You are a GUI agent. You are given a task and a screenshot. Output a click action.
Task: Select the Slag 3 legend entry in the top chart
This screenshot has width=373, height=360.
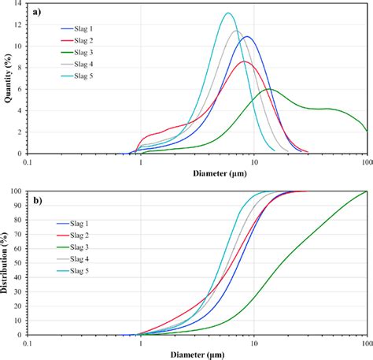click(83, 52)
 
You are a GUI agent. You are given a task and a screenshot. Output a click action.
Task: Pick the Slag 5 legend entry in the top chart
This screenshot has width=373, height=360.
click(83, 76)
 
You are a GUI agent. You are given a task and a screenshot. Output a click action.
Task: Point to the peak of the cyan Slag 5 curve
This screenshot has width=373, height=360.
click(228, 13)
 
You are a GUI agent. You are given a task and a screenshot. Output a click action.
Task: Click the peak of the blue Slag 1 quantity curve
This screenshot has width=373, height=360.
click(247, 37)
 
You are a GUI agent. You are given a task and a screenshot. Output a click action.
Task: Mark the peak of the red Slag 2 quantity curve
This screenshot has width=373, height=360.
click(244, 61)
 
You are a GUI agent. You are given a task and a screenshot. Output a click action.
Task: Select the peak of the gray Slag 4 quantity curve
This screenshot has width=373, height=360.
click(235, 32)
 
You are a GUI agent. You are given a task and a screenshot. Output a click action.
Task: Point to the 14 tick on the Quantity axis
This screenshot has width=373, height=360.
click(19, 6)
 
